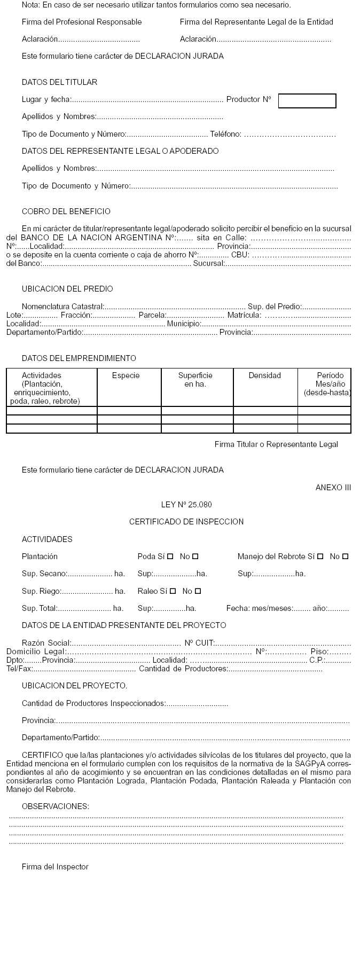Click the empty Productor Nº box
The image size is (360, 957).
(x=307, y=101)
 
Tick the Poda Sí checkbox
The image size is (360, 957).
(x=170, y=556)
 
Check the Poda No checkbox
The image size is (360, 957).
(x=195, y=556)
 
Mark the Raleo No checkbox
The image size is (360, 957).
(x=198, y=591)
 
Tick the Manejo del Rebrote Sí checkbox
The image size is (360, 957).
(x=320, y=556)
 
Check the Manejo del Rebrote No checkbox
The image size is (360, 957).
(x=346, y=556)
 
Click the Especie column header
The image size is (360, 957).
(x=126, y=375)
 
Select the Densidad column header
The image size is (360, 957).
(x=264, y=375)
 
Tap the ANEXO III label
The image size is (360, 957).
(x=333, y=488)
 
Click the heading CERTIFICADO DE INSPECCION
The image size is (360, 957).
(x=186, y=522)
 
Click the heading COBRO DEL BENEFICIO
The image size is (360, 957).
(x=66, y=211)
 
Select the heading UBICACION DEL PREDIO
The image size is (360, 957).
(x=67, y=289)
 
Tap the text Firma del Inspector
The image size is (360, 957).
(x=55, y=867)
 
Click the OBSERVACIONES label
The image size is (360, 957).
(x=56, y=806)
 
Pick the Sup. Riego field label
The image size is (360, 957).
(x=42, y=591)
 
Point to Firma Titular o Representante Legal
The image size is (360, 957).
(x=276, y=444)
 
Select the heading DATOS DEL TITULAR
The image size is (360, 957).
(x=59, y=82)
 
